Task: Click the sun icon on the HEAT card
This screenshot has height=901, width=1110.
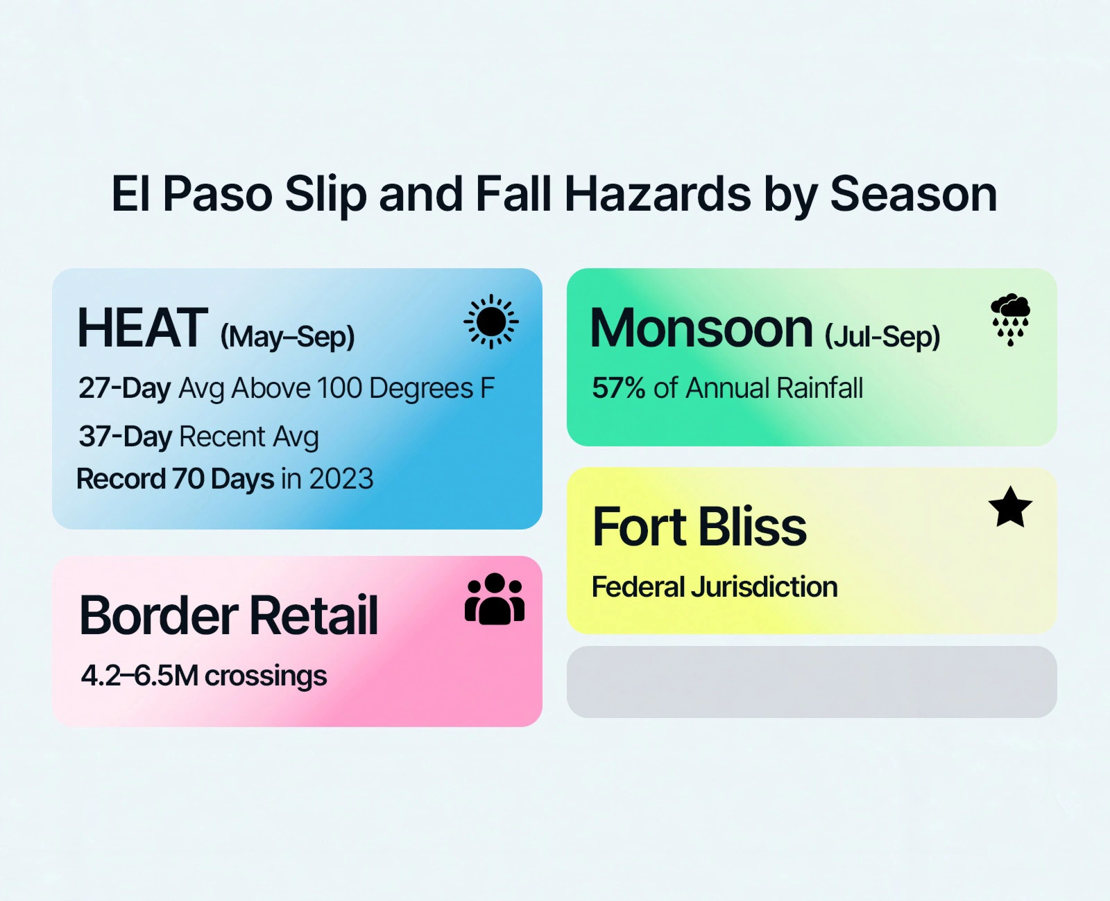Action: pos(491,322)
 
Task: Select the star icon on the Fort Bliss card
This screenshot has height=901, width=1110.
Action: pos(1010,507)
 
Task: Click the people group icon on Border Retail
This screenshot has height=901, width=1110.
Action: pos(495,600)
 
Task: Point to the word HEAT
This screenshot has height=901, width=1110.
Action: pos(142,328)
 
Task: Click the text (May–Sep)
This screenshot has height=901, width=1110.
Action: pos(287,337)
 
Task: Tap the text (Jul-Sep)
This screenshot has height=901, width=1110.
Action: pos(882,337)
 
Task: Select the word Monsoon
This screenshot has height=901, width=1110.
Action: pos(701,328)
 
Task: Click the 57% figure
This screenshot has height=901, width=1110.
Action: pos(618,388)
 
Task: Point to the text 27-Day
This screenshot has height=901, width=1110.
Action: pos(124,388)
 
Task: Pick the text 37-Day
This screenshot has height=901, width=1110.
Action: pos(125,437)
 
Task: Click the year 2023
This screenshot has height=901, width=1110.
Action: pos(341,479)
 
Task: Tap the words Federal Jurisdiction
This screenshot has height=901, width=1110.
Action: pos(715,587)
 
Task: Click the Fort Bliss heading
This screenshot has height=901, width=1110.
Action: pos(699,527)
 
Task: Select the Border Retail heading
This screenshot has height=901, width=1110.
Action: pos(229,615)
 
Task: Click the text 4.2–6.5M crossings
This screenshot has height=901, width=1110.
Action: pos(203,676)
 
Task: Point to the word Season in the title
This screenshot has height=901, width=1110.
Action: pos(913,194)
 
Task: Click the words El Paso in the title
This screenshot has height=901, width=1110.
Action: pos(192,194)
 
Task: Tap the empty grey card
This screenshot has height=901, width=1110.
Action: pos(812,682)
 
